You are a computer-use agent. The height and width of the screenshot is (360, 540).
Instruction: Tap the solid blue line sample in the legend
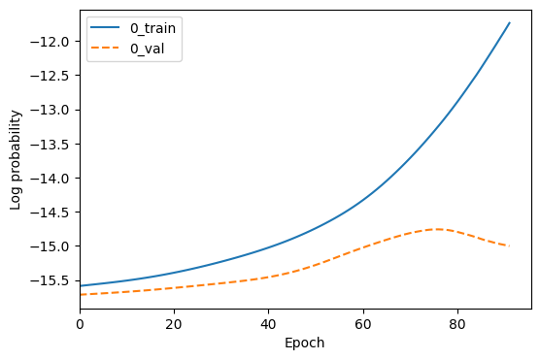(x=107, y=27)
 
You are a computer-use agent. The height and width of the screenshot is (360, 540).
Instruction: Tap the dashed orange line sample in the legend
(x=107, y=46)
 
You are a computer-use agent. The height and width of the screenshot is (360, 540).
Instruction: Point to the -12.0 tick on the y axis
(x=54, y=42)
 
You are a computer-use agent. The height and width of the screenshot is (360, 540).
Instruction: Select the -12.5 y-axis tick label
(x=54, y=76)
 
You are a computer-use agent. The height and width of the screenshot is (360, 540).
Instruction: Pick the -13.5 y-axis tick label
(x=54, y=145)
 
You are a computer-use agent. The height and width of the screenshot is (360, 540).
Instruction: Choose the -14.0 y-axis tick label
(x=54, y=179)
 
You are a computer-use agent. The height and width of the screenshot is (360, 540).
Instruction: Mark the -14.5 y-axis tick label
(x=54, y=213)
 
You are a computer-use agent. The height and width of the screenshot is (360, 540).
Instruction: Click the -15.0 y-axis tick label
(x=54, y=246)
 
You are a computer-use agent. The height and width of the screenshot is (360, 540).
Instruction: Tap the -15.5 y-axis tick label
(x=54, y=280)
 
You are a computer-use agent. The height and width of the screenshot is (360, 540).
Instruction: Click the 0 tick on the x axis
(x=80, y=323)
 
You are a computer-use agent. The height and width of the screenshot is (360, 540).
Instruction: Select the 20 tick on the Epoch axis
(x=174, y=323)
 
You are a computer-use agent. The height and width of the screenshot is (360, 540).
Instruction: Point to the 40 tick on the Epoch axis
(x=269, y=323)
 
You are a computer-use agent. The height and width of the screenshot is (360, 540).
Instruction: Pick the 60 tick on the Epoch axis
(x=363, y=323)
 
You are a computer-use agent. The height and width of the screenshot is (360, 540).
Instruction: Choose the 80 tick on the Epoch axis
(x=457, y=323)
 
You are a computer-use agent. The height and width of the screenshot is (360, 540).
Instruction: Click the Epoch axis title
(x=305, y=343)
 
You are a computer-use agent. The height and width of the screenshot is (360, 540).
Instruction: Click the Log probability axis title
(x=17, y=159)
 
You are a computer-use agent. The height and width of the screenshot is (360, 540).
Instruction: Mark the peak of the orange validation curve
(x=437, y=229)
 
